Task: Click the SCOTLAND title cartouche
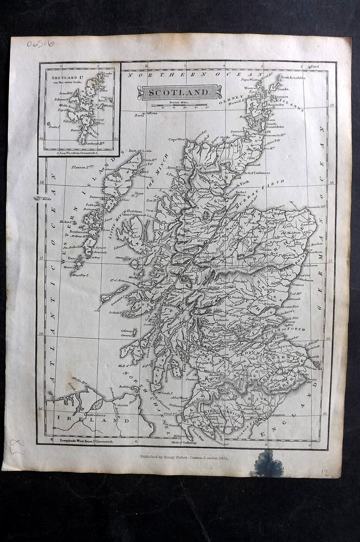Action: [179, 92]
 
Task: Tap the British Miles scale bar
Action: [179, 105]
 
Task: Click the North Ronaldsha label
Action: [294, 77]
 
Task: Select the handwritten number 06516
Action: [40, 43]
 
